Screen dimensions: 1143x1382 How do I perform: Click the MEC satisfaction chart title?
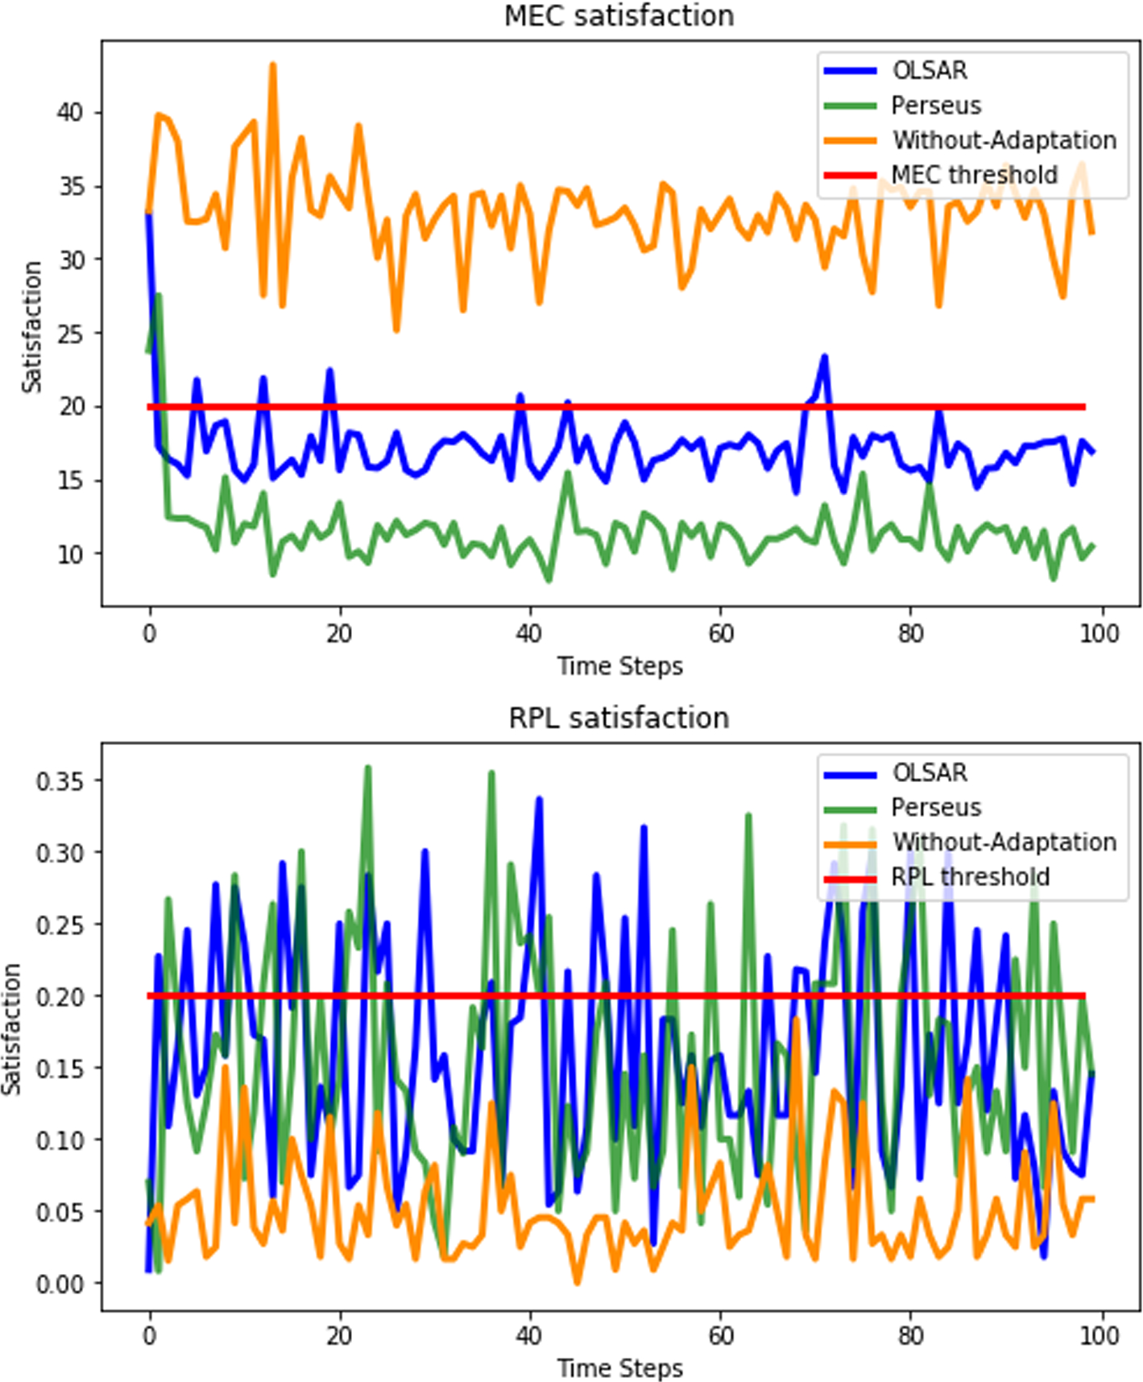tap(619, 15)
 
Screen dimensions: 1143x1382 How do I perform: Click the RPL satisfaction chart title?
tap(619, 718)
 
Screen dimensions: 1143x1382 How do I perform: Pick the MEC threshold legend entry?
tap(940, 175)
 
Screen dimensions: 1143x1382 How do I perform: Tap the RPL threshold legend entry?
tap(936, 877)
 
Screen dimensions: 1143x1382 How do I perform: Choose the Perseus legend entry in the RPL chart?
tap(902, 808)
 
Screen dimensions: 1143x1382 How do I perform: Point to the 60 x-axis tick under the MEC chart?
tap(721, 634)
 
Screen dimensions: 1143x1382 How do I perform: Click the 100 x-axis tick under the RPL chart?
tap(1099, 1336)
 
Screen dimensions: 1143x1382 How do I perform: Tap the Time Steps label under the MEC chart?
tap(619, 667)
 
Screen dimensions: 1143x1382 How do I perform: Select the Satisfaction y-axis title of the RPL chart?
tap(11, 1029)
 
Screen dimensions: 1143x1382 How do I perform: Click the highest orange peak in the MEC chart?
tap(272, 64)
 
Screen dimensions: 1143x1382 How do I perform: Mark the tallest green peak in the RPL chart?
tap(367, 768)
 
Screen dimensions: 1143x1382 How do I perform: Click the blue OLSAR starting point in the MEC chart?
tap(149, 213)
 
